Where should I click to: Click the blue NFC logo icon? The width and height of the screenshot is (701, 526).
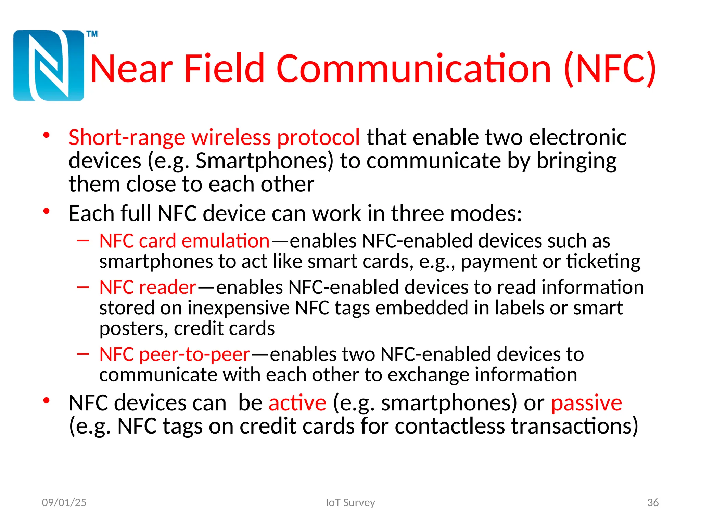tap(49, 66)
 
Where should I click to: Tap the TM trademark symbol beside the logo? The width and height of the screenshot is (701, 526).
tap(92, 34)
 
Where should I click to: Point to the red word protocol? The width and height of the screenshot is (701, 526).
tap(318, 138)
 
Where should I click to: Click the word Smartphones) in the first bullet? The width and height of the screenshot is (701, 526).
tap(264, 161)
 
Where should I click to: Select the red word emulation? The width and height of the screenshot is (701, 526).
tap(226, 241)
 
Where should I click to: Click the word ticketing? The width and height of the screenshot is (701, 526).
tap(603, 262)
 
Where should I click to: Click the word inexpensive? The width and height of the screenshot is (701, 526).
tap(238, 308)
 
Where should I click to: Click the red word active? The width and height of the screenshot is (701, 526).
tap(297, 403)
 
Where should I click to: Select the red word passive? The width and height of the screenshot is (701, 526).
tap(586, 403)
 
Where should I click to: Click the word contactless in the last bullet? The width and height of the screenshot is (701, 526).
tap(449, 426)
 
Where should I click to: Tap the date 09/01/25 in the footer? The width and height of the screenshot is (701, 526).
tap(64, 503)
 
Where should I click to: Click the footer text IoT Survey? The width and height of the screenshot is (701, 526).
tap(350, 503)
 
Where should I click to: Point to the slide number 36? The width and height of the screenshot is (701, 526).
tap(653, 503)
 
